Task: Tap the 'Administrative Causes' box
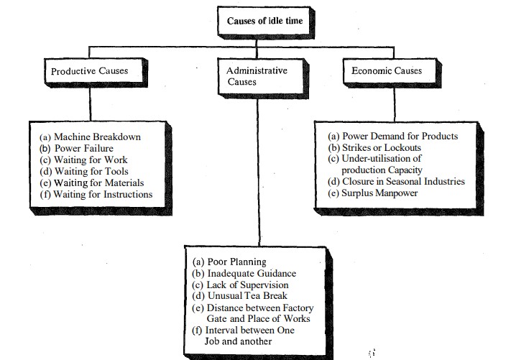(x=257, y=76)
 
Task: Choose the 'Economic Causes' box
(x=386, y=71)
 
